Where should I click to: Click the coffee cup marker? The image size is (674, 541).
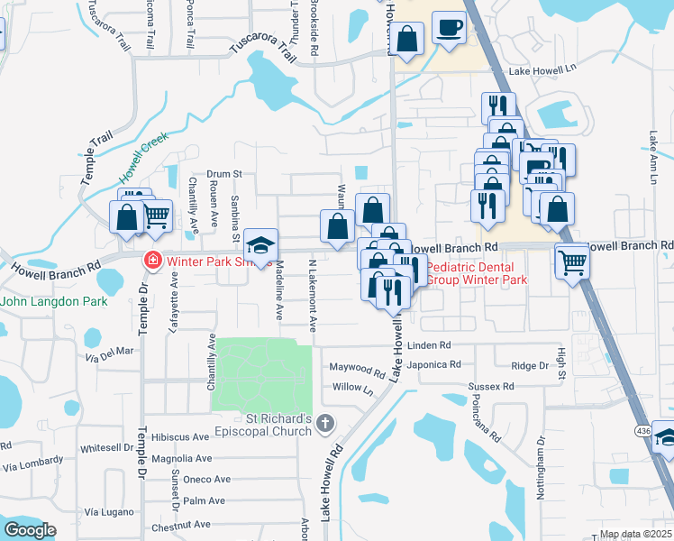(448, 27)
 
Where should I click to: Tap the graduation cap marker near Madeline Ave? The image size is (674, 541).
(260, 244)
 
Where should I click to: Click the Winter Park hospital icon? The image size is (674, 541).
(152, 261)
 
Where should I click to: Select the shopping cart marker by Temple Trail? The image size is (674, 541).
(157, 215)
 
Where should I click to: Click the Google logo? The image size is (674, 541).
(30, 530)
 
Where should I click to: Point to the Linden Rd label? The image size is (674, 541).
(428, 345)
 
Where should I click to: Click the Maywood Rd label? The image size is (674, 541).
(357, 368)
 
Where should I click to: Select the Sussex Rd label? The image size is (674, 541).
(491, 386)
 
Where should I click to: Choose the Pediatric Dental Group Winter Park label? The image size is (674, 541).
(476, 274)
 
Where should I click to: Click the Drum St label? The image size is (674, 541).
(224, 173)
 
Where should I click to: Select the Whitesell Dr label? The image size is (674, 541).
(106, 448)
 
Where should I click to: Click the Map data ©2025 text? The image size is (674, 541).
(635, 534)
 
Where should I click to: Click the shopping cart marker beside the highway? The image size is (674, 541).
(572, 262)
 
